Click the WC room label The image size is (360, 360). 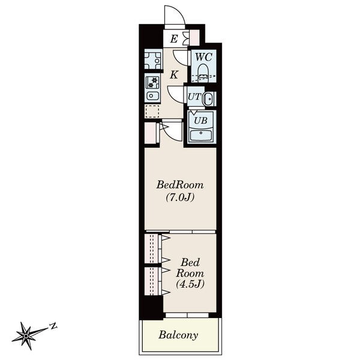pos(203,57)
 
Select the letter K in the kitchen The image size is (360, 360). pos(174,75)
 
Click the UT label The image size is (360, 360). pos(194,97)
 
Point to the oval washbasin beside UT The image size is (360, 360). pos(208,99)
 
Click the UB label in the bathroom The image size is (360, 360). pos(200,121)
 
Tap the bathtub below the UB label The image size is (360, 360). pos(201,135)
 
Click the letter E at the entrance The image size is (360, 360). pos(174,39)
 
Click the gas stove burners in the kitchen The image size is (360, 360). pos(152,83)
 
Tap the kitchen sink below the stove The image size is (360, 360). pos(152,95)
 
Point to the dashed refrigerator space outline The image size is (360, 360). pos(152,112)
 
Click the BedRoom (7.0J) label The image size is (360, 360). pos(180,191)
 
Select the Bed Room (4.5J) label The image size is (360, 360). pos(190,273)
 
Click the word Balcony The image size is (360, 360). pos(178,335)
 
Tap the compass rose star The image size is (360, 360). pos(26,336)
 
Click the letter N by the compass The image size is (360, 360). pos(53,326)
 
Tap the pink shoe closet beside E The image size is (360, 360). pos(194,38)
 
